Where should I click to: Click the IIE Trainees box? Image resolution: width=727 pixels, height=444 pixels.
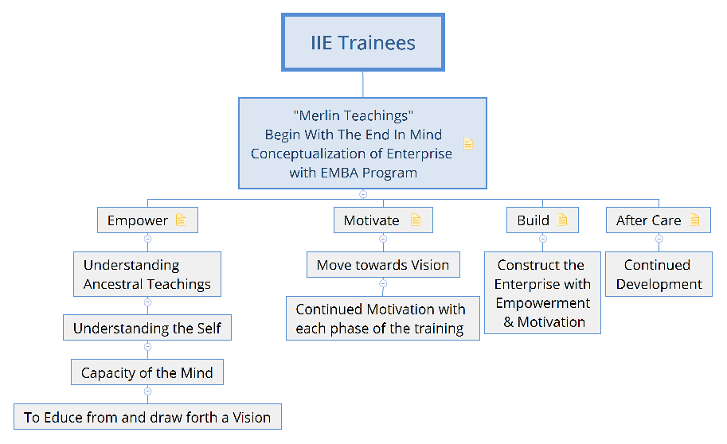tap(362, 42)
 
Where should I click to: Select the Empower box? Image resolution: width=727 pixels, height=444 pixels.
tap(147, 220)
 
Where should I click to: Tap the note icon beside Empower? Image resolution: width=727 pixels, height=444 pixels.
tap(181, 220)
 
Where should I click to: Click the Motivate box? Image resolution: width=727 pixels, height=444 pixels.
tap(383, 220)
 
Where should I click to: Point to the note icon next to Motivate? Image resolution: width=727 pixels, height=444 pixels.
tap(416, 220)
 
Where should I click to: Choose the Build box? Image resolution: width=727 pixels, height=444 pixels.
tap(542, 220)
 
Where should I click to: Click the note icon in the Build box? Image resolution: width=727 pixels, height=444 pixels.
tap(562, 220)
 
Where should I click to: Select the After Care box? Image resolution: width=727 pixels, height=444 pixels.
tap(659, 220)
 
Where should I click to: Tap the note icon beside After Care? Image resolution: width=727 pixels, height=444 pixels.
tap(694, 220)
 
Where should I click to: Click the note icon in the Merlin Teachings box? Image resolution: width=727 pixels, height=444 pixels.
tap(468, 144)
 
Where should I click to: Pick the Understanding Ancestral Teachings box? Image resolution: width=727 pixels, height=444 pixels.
tap(147, 274)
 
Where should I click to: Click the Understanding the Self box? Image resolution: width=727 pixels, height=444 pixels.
tap(147, 328)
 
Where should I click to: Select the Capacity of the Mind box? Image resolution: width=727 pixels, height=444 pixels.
tap(147, 372)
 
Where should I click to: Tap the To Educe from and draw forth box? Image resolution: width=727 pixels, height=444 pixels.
tap(147, 417)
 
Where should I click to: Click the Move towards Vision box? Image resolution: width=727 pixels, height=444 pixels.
tap(383, 265)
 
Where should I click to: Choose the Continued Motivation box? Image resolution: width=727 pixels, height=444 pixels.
tap(383, 318)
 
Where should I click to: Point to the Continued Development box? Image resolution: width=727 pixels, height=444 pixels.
tap(659, 274)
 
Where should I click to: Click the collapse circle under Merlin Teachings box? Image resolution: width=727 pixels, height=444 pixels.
tap(363, 194)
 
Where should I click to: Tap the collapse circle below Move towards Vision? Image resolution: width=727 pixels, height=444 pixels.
tap(383, 283)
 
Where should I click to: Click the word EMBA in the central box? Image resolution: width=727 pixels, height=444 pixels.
tap(339, 173)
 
